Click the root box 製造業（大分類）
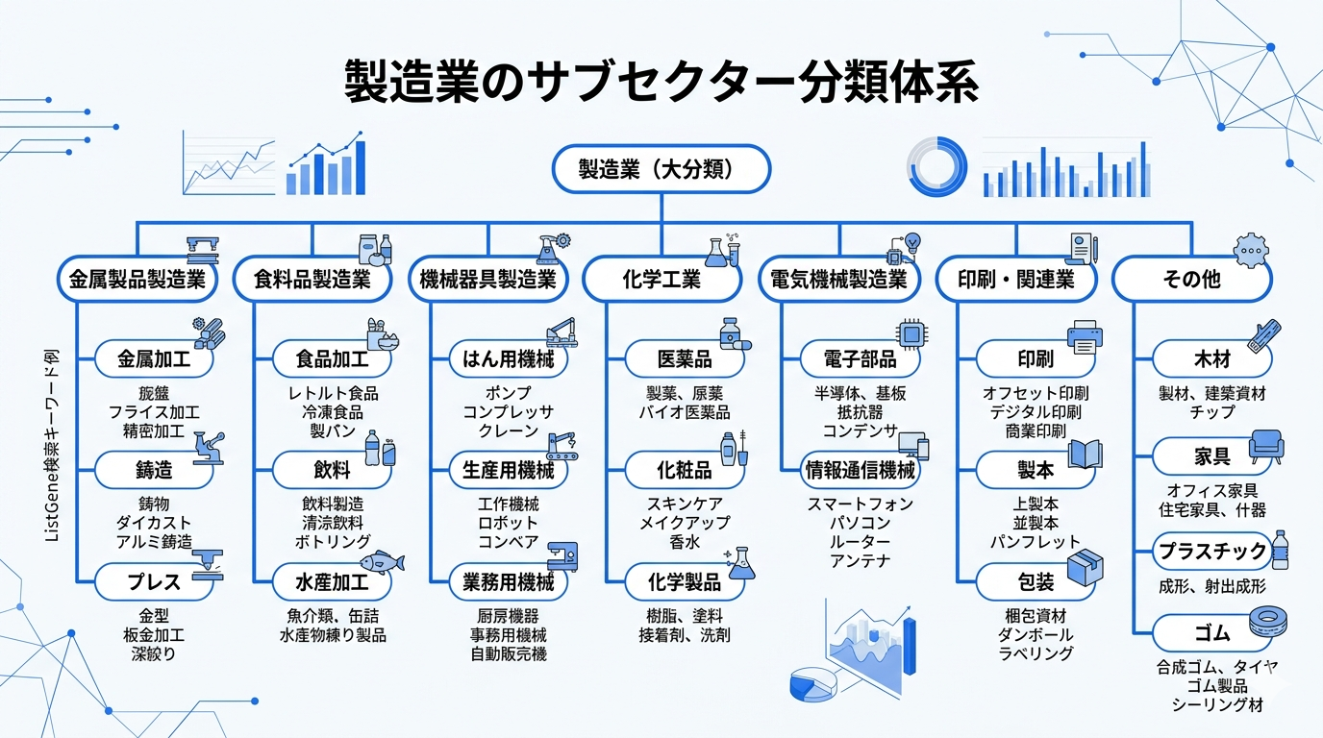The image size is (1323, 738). (661, 170)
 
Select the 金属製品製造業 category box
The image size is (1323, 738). (137, 280)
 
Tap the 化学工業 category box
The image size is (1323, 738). (662, 280)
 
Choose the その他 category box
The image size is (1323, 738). (1191, 280)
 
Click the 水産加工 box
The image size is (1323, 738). (332, 582)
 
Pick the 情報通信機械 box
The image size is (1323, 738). (861, 471)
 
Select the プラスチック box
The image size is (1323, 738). (1211, 552)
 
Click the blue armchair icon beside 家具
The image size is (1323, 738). (1266, 445)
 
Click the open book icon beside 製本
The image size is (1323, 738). (1085, 453)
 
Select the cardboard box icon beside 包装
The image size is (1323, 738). (1085, 565)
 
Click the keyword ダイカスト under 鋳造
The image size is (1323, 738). (154, 523)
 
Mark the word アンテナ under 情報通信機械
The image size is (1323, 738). (861, 561)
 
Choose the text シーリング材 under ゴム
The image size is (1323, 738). (1217, 704)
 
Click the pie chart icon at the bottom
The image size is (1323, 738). (813, 684)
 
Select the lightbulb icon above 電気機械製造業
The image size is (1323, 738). (913, 240)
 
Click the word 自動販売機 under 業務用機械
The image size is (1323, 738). (509, 654)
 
